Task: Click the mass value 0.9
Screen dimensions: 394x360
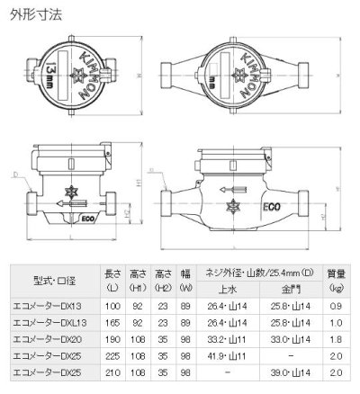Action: pyautogui.click(x=336, y=307)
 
